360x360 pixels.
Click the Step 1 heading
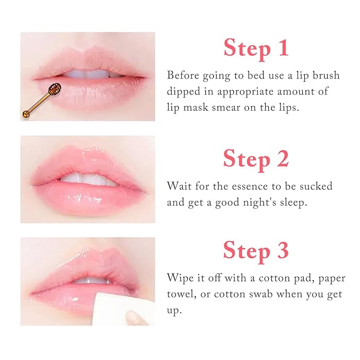point(256,47)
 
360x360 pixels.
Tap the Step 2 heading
point(256,158)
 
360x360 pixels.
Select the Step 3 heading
point(256,249)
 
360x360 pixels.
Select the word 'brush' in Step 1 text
point(324,75)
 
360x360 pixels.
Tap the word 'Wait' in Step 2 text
point(179,186)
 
